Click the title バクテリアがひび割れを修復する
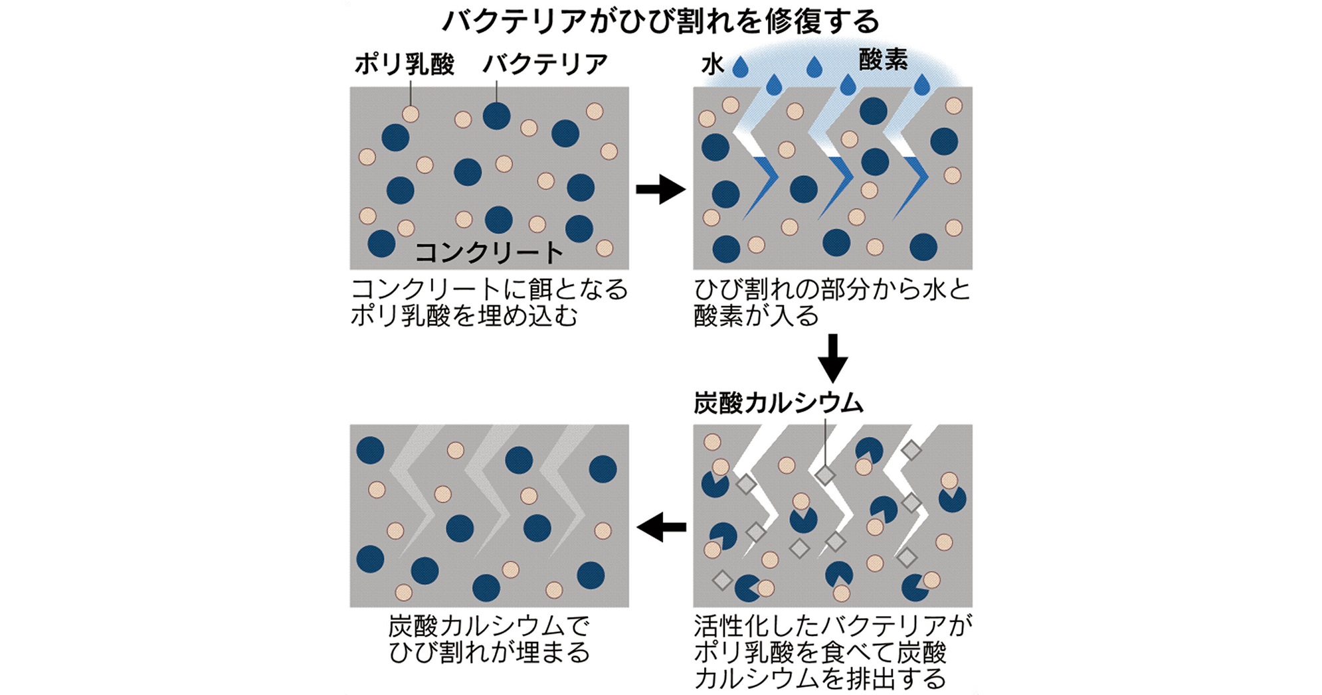(x=661, y=21)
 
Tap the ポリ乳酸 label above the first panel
(x=404, y=64)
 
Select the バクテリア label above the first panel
(x=545, y=64)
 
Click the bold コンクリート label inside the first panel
(x=489, y=253)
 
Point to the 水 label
(x=712, y=65)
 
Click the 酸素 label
(x=883, y=60)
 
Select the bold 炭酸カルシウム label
(x=778, y=403)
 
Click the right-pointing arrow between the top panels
(x=660, y=189)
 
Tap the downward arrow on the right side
(x=832, y=358)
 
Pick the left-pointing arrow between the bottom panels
(x=661, y=528)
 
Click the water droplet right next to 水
(x=740, y=67)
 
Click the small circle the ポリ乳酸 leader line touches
(x=411, y=114)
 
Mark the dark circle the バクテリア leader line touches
(x=496, y=116)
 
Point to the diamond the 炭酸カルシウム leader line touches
(x=825, y=475)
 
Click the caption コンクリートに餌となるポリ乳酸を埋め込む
(x=489, y=303)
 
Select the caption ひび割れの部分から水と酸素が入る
(x=832, y=303)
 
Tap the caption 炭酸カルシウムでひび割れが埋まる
(x=489, y=639)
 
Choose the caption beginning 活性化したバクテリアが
(x=832, y=652)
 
